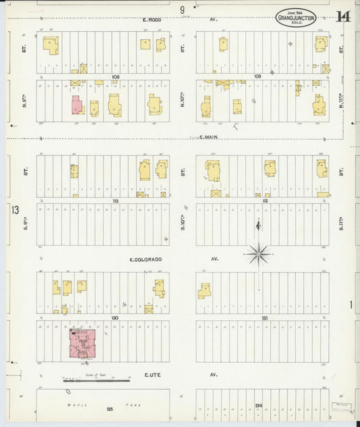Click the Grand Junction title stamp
pyautogui.click(x=296, y=18)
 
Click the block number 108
pyautogui.click(x=115, y=77)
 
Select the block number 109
pyautogui.click(x=257, y=77)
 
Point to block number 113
pyautogui.click(x=115, y=201)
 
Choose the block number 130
pyautogui.click(x=115, y=317)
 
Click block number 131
pyautogui.click(x=265, y=317)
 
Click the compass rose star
pyautogui.click(x=258, y=255)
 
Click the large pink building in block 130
pyautogui.click(x=83, y=343)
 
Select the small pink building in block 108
pyautogui.click(x=76, y=106)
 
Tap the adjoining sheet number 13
pyautogui.click(x=15, y=209)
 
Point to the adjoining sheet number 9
pyautogui.click(x=182, y=9)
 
